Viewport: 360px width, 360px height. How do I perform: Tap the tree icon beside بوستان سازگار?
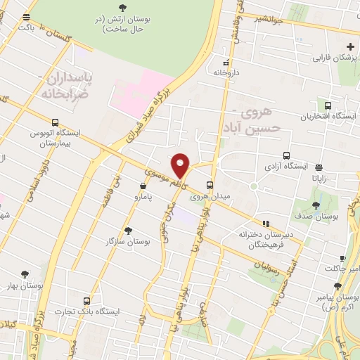pyautogui.click(x=127, y=230)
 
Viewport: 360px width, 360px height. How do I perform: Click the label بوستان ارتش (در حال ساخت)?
pyautogui.click(x=123, y=24)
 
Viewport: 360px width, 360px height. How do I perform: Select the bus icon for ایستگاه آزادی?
pyautogui.click(x=286, y=155)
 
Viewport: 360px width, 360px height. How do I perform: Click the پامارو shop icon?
pyautogui.click(x=143, y=187)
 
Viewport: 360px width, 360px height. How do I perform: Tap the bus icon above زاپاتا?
pyautogui.click(x=320, y=167)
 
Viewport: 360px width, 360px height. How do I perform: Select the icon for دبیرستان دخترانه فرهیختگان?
pyautogui.click(x=265, y=224)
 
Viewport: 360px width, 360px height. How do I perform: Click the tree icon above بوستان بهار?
pyautogui.click(x=26, y=274)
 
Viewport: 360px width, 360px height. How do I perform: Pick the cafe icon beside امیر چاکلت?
pyautogui.click(x=342, y=259)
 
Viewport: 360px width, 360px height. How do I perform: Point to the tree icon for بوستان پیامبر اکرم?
pyautogui.click(x=337, y=286)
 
